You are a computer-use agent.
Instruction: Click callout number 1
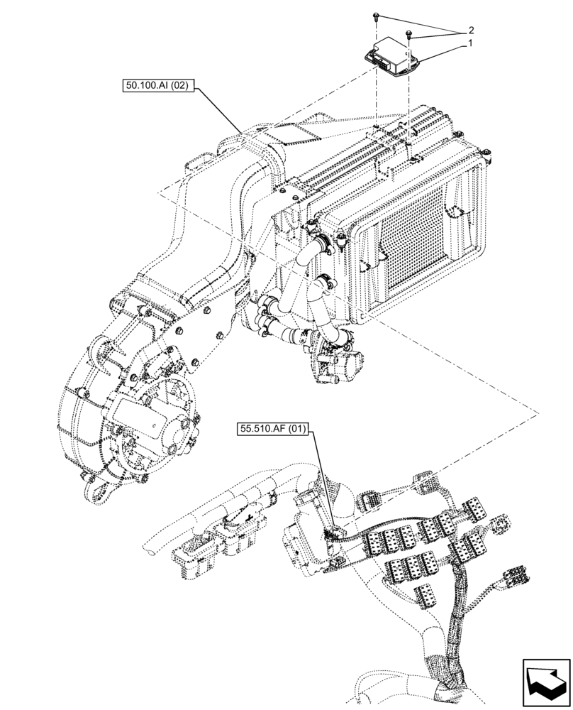469,43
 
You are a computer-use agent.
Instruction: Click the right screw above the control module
409,33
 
